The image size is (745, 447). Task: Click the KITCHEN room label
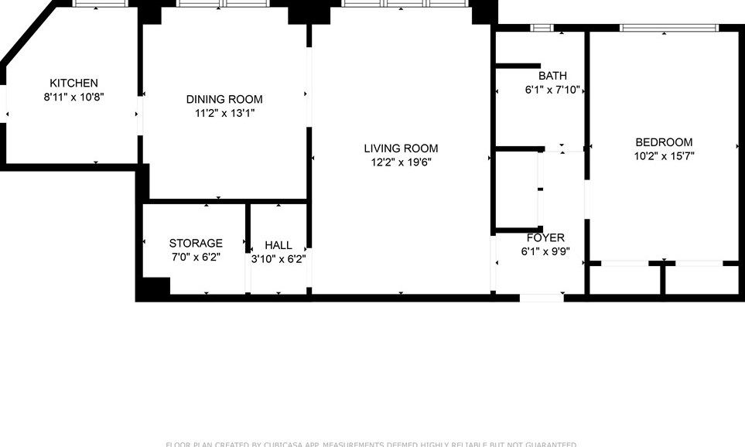coord(73,84)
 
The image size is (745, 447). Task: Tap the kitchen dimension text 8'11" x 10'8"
coord(73,97)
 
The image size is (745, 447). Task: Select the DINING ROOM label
coord(224,100)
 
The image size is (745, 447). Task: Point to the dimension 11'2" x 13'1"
coord(224,114)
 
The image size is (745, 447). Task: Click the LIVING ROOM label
coord(401,148)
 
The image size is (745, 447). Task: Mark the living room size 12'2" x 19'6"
coord(401,162)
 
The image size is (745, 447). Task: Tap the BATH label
coord(552,76)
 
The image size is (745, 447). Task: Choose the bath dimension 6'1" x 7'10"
coord(552,90)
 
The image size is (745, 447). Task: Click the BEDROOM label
coord(664,142)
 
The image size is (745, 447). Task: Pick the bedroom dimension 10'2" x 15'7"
coord(664,156)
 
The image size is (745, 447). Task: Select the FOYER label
coord(545,237)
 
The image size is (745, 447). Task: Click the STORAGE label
coord(196,244)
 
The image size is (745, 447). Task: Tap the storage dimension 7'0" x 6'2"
coord(196,258)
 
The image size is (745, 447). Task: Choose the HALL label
coord(279,245)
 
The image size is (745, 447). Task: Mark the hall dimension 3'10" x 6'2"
coord(279,259)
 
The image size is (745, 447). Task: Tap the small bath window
coord(542,29)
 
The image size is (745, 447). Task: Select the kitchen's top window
coord(100,4)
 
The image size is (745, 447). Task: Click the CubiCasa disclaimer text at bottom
coord(371,444)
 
